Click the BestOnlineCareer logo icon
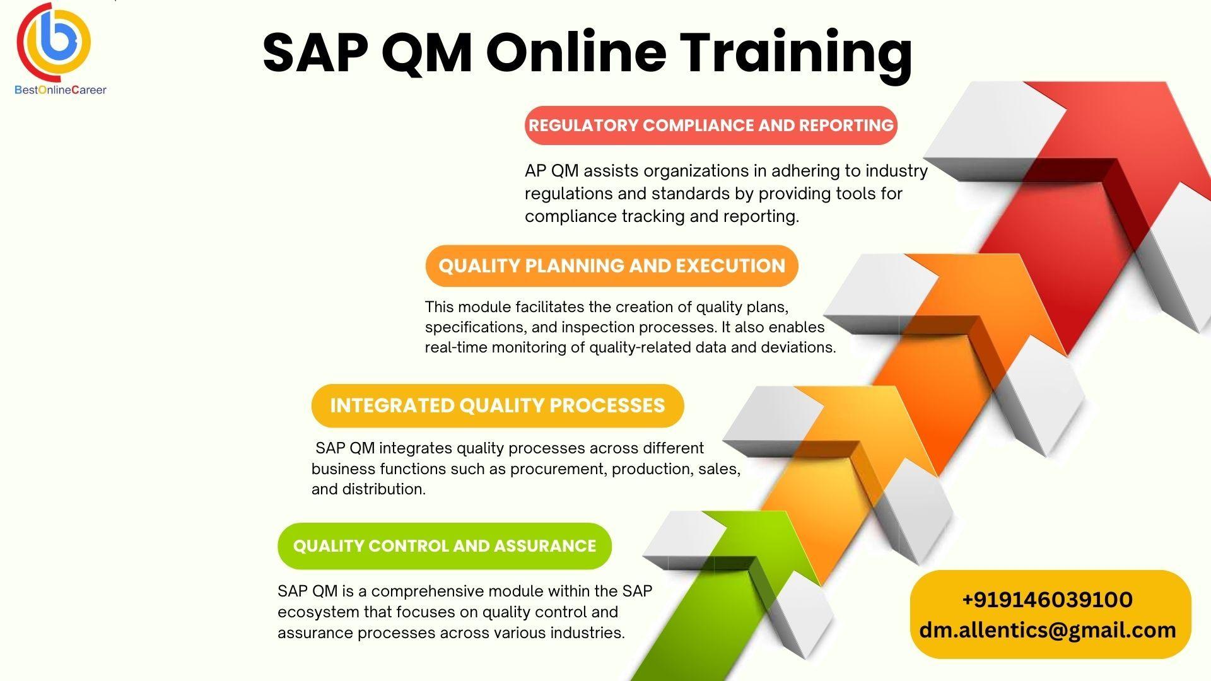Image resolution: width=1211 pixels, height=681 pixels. click(54, 42)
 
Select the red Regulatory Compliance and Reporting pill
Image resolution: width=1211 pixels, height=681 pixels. click(711, 125)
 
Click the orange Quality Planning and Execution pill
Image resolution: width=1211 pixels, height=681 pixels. click(612, 265)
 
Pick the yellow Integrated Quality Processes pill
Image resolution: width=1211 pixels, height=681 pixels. click(498, 405)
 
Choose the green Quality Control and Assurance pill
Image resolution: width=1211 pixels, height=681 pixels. click(445, 545)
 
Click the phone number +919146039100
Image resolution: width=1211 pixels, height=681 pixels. click(1047, 599)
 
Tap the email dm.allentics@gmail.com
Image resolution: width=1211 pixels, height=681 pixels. click(1048, 630)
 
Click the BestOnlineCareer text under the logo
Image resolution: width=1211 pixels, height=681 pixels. click(61, 90)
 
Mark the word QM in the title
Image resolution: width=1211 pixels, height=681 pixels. click(427, 53)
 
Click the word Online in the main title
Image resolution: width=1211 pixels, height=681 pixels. click(576, 53)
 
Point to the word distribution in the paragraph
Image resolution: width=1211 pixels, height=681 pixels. click(383, 489)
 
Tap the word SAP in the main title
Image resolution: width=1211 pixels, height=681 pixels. click(315, 53)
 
